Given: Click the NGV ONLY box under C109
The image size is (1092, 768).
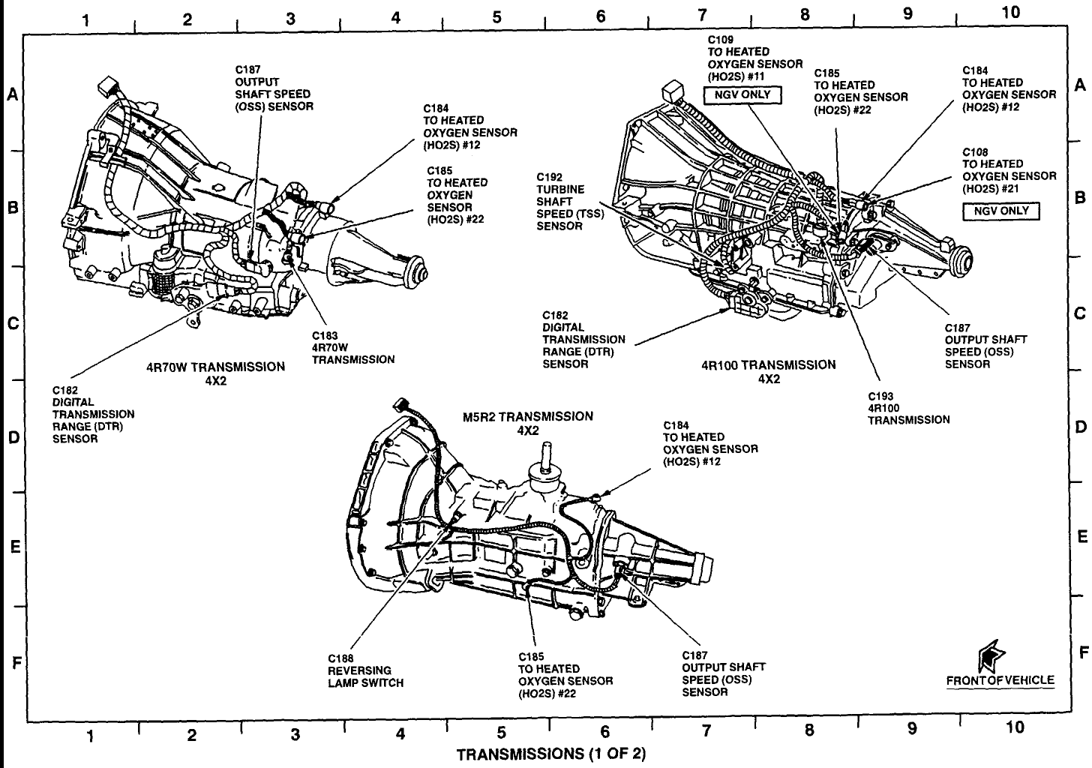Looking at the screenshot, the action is [x=742, y=95].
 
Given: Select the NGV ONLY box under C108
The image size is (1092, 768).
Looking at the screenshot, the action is [x=1000, y=211].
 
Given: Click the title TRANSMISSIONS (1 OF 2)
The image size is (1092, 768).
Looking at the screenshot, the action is [x=550, y=754].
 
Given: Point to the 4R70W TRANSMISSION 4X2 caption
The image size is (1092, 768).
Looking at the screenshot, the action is [x=215, y=373].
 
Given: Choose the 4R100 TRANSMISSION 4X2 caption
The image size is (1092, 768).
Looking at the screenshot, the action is [x=769, y=371].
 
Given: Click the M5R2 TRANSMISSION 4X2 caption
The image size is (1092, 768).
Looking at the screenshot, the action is [x=528, y=423].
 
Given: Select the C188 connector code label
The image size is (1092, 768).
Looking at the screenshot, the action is [x=340, y=658].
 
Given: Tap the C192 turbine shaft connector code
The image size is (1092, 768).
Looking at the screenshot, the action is [x=550, y=177].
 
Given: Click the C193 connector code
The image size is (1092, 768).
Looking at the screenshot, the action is [x=881, y=396].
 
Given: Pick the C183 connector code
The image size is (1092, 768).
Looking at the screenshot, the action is [x=325, y=335].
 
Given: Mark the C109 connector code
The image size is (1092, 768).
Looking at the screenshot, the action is [x=721, y=40].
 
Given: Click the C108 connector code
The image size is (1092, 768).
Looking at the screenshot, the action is [x=976, y=152].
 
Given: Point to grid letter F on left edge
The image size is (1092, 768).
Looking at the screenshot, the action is [x=16, y=663].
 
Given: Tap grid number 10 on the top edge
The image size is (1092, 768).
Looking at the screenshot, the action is [x=1011, y=13].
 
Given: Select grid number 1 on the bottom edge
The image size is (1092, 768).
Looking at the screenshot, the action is [x=90, y=736].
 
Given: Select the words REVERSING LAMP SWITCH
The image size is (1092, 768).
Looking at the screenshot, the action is [x=366, y=676].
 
